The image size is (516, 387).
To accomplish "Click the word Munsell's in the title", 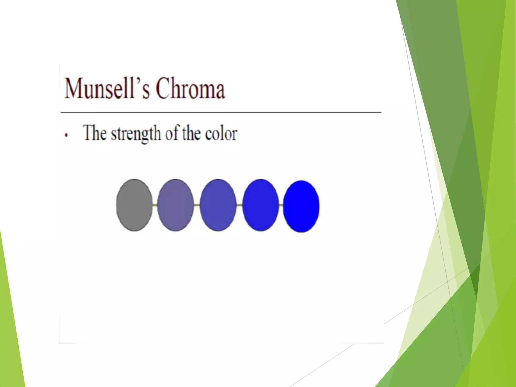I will tap(107, 88).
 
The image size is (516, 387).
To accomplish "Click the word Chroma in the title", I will tap(190, 88).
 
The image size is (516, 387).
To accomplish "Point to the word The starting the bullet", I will tap(94, 133).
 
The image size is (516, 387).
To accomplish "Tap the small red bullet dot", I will tap(66, 135).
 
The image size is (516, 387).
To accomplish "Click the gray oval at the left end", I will tap(134, 205).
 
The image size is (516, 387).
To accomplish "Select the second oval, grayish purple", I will tap(175, 205).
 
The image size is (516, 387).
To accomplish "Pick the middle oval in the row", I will tap(218, 205).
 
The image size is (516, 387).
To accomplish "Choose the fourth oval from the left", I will tap(261, 205).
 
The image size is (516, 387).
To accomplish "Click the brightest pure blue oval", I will tap(301, 206).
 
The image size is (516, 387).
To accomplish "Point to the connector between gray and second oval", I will tap(155, 205).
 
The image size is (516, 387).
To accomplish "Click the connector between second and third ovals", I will tap(197, 205).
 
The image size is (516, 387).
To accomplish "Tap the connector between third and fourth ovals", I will tap(239, 205).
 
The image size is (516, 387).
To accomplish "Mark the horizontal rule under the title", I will tap(221, 112).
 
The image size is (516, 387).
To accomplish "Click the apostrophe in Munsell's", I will tap(138, 81).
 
